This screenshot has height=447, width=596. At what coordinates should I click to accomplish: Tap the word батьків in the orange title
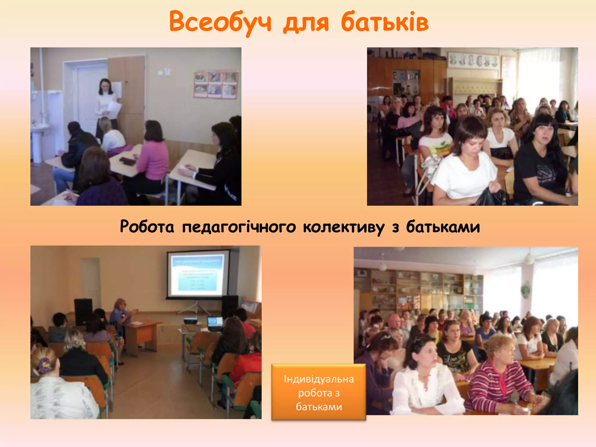[x=384, y=22]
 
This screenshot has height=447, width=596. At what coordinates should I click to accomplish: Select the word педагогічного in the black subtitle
[x=239, y=227]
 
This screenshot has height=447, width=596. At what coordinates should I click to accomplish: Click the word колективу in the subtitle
[x=343, y=227]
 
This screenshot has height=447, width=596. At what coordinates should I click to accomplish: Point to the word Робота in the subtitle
[x=147, y=227]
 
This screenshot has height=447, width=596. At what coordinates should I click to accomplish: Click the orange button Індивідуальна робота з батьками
[x=319, y=392]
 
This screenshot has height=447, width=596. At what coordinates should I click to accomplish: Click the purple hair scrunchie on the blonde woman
[x=44, y=365]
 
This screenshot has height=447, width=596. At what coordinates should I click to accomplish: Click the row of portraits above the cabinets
[x=473, y=61]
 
